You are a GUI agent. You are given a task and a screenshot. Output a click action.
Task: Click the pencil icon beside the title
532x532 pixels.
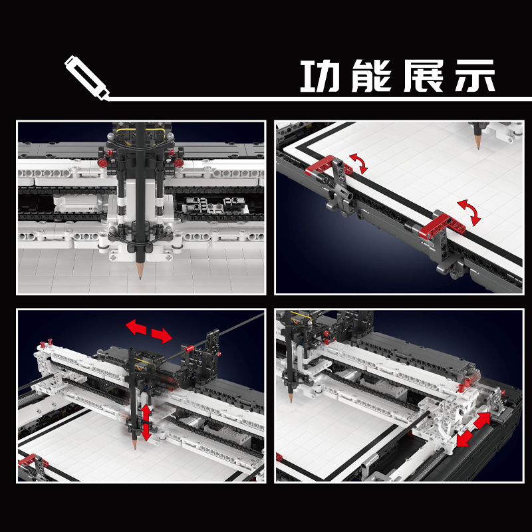tap(87, 77)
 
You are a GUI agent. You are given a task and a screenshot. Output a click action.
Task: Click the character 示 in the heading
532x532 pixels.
tap(473, 77)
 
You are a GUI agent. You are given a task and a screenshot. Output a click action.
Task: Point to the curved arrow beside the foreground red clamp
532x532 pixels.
tap(472, 211)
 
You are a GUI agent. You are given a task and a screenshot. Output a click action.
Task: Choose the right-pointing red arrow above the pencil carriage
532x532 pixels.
tap(162, 334)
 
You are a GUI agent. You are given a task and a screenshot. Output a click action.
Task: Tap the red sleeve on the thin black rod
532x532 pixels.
tap(189, 347)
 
